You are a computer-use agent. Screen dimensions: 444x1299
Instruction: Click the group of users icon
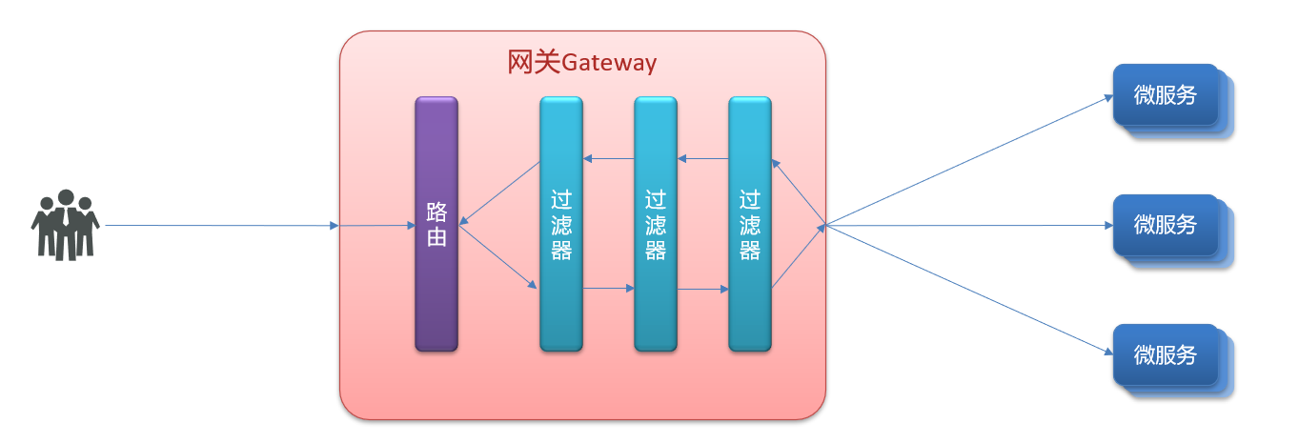pyautogui.click(x=65, y=225)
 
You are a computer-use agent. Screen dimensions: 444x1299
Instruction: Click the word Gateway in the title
pyautogui.click(x=609, y=64)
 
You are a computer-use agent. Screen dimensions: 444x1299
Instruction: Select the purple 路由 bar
pyautogui.click(x=436, y=224)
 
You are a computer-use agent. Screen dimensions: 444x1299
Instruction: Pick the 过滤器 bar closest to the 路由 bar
pyautogui.click(x=561, y=224)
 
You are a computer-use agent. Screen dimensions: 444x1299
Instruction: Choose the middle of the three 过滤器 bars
pyautogui.click(x=656, y=224)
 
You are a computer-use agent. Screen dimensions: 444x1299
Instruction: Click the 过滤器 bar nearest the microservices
pyautogui.click(x=750, y=224)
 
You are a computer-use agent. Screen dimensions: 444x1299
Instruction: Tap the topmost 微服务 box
pyautogui.click(x=1166, y=94)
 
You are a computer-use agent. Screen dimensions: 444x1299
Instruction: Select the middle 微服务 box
pyautogui.click(x=1166, y=225)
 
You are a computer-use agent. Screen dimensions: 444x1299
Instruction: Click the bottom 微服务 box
pyautogui.click(x=1166, y=354)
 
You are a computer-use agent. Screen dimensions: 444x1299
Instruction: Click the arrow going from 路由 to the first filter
pyautogui.click(x=498, y=255)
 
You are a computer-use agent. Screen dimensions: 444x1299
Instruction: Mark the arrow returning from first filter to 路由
pyautogui.click(x=500, y=193)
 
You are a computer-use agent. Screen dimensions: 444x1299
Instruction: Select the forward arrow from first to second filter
pyautogui.click(x=608, y=288)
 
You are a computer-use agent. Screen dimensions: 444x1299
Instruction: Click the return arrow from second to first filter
pyautogui.click(x=608, y=159)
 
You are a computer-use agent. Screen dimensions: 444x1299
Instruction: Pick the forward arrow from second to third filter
pyautogui.click(x=702, y=288)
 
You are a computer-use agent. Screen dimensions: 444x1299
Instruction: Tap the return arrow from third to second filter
pyautogui.click(x=702, y=159)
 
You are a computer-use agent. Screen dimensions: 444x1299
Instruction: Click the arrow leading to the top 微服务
pyautogui.click(x=967, y=160)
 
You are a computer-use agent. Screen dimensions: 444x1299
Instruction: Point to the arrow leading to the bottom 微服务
pyautogui.click(x=967, y=290)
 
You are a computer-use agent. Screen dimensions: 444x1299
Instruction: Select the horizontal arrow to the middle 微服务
pyautogui.click(x=967, y=226)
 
